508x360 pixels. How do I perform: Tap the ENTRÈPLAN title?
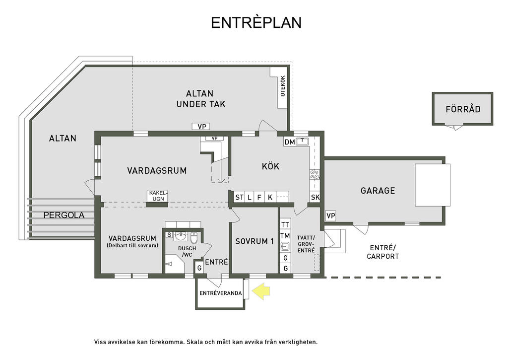tap(256, 22)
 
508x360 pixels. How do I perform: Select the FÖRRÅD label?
tap(463, 109)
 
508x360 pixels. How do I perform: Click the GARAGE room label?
tap(378, 190)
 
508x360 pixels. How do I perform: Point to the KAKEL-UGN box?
tap(157, 196)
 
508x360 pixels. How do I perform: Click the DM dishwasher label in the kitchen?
tap(290, 142)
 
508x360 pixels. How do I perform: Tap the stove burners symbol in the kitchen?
tap(315, 174)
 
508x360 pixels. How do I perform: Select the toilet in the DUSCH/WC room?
tap(194, 237)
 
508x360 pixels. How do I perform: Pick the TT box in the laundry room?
tap(285, 225)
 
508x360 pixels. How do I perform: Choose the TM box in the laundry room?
tap(285, 236)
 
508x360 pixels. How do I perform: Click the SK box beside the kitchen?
tap(315, 197)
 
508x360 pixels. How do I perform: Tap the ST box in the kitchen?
tap(240, 197)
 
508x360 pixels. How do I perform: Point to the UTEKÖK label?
tap(283, 86)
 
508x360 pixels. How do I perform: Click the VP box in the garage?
tap(330, 216)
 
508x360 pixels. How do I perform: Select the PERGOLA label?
tap(64, 215)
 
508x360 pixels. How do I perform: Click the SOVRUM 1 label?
tap(254, 241)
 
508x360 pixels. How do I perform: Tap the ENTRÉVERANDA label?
tap(221, 293)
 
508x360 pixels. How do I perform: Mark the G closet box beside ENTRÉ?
tap(199, 268)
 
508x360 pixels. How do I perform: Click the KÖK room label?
tap(270, 166)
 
